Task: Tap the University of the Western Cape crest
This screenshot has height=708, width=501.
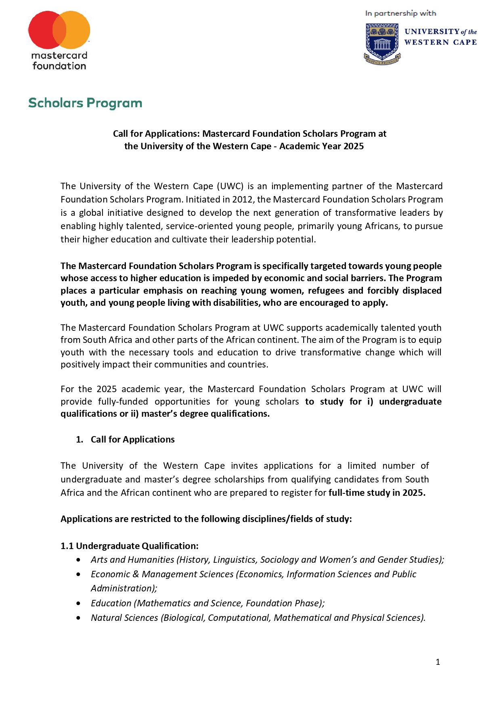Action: [x=382, y=44]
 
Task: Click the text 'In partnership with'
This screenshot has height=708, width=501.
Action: [x=400, y=13]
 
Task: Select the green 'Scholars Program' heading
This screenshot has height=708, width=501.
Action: [x=85, y=103]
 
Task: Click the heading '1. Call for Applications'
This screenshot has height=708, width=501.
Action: [x=125, y=439]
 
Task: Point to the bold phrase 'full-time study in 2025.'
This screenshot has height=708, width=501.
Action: [x=377, y=493]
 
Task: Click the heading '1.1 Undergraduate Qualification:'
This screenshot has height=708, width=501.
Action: [x=129, y=546]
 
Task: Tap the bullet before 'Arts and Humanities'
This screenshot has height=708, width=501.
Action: [x=78, y=560]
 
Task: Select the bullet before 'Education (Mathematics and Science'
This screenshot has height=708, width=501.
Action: [x=78, y=604]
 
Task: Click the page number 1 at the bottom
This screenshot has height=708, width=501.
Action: [x=438, y=662]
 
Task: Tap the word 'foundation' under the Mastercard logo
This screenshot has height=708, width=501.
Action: [x=59, y=66]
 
